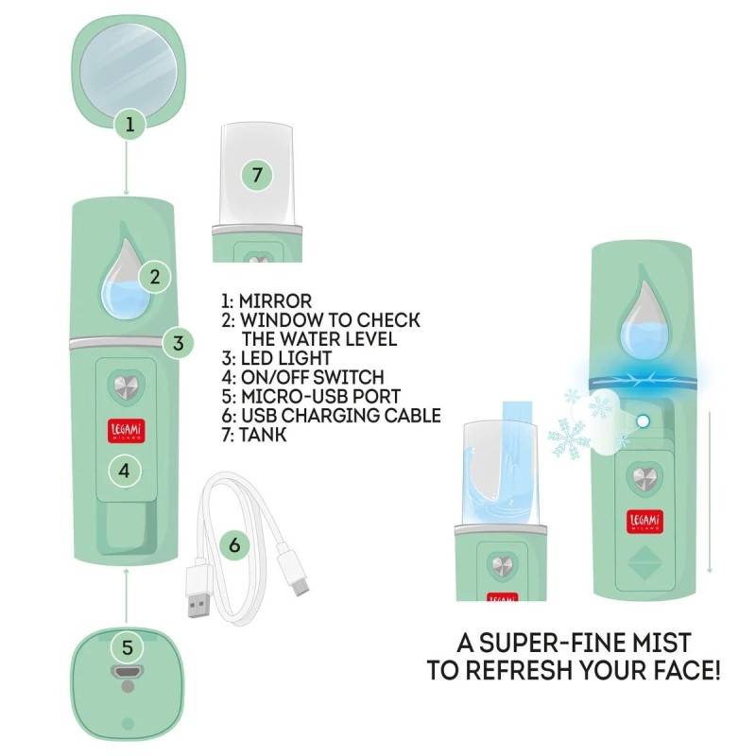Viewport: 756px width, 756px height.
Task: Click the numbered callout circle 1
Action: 129,125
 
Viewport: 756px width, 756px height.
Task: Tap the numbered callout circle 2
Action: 154,277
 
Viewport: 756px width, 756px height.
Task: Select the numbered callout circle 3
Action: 178,343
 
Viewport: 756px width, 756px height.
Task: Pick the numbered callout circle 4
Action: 125,471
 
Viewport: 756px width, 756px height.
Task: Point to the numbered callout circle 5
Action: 127,647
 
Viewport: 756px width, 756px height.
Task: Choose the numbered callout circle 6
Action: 234,545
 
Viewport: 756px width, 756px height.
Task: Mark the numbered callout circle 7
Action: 257,175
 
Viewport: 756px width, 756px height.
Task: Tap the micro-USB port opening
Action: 128,671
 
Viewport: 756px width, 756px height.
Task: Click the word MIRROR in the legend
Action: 275,301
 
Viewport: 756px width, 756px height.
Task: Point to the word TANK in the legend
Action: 263,435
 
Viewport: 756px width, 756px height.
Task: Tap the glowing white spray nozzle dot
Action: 643,421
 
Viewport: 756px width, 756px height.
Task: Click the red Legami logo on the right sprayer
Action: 644,522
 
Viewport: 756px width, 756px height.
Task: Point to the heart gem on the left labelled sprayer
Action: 127,387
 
